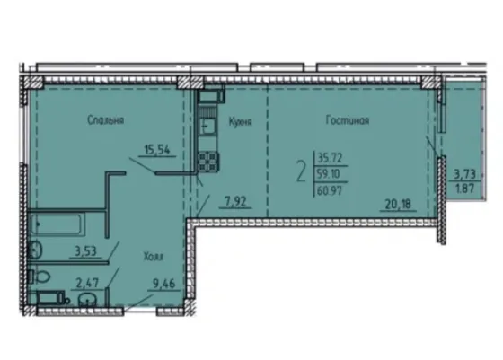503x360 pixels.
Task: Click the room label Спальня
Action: click(x=106, y=120)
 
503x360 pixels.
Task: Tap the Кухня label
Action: click(x=241, y=122)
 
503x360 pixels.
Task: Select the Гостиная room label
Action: click(x=348, y=120)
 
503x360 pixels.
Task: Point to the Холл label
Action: click(x=154, y=257)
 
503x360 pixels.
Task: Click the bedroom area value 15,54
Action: click(x=157, y=150)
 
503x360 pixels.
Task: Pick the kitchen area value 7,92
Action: click(x=235, y=202)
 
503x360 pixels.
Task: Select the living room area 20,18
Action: click(x=398, y=204)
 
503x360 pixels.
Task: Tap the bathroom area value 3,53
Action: click(x=85, y=251)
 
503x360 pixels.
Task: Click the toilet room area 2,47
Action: click(x=87, y=284)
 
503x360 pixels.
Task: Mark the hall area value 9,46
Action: click(x=163, y=285)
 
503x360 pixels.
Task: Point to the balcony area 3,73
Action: click(x=464, y=175)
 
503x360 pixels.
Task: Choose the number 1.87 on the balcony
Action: click(x=465, y=189)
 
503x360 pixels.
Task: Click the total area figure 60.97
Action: click(x=330, y=191)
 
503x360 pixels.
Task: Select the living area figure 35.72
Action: click(x=330, y=158)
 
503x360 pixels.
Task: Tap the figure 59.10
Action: click(x=328, y=174)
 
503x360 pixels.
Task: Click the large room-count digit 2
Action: click(x=301, y=171)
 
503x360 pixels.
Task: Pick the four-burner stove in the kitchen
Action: click(x=208, y=162)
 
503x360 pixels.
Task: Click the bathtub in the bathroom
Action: click(x=57, y=224)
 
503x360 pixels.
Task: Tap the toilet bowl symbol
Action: click(x=40, y=277)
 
